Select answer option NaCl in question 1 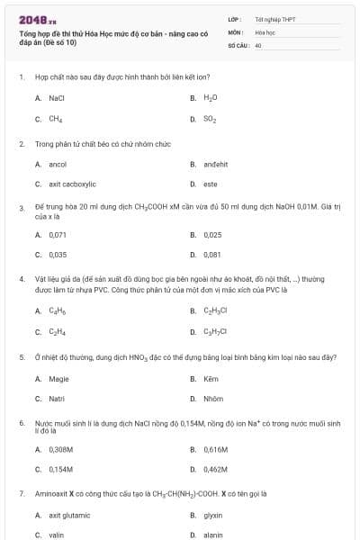click(57, 97)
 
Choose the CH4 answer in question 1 click(56, 119)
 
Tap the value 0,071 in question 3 click(58, 235)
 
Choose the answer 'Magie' click(58, 379)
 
